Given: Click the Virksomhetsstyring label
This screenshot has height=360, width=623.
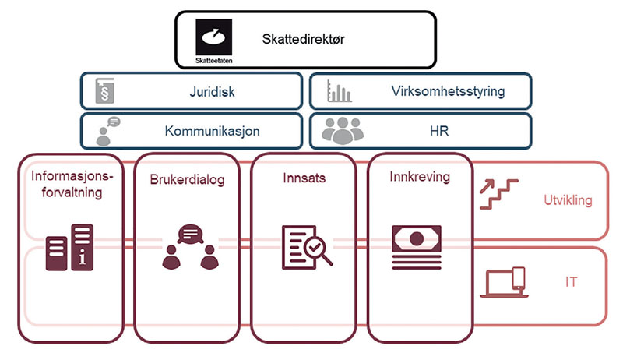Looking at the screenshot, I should [448, 91].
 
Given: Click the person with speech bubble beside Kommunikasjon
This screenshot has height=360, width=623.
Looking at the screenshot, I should [107, 131].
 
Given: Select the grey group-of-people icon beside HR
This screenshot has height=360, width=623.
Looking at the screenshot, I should [342, 131].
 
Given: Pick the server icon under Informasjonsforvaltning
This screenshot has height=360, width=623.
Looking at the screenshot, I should [70, 247].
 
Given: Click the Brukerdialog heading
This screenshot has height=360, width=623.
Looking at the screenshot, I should [187, 180].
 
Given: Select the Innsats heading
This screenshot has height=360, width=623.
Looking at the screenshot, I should [304, 178].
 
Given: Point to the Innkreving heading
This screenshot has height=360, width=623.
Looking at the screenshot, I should [420, 177].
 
